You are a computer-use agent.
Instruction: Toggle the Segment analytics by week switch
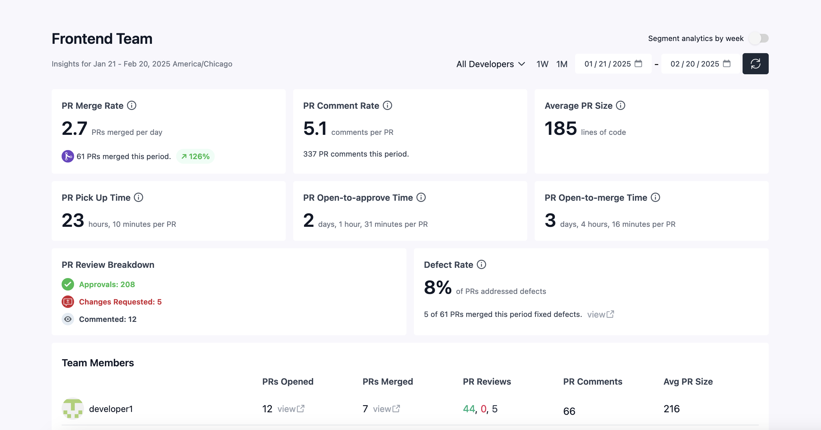click(x=759, y=38)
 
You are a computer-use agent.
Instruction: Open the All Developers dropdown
click(x=490, y=64)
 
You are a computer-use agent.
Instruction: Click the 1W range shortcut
click(x=542, y=64)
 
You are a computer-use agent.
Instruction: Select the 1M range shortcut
click(x=561, y=64)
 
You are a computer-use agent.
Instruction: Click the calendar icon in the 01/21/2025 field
click(x=638, y=63)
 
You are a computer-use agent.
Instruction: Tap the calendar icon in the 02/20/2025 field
click(x=726, y=63)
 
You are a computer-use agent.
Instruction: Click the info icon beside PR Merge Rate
click(x=132, y=105)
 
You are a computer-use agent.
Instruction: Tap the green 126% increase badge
click(x=195, y=156)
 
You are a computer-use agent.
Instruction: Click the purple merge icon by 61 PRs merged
click(x=68, y=156)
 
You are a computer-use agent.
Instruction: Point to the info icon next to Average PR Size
click(x=620, y=105)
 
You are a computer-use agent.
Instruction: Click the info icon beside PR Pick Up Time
click(x=138, y=197)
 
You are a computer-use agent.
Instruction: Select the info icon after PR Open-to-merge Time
click(x=655, y=197)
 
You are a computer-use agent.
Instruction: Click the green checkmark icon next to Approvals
click(x=68, y=284)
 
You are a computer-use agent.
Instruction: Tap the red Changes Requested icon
click(x=68, y=301)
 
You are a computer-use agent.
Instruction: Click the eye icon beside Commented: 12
click(x=68, y=319)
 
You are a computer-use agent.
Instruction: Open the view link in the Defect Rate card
click(x=600, y=314)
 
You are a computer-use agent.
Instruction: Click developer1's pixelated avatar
click(x=73, y=408)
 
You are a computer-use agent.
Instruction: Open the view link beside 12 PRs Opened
click(x=291, y=409)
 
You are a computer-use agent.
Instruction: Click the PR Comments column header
click(x=593, y=381)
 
